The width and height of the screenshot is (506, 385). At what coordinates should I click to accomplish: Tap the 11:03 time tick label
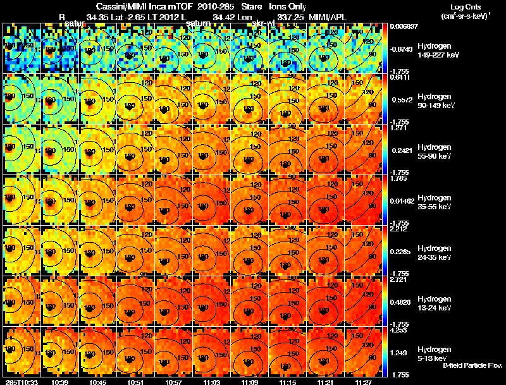click(212, 382)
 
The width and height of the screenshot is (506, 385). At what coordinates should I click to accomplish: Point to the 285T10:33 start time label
click(20, 382)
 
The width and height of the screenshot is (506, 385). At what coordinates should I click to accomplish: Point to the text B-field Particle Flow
click(472, 365)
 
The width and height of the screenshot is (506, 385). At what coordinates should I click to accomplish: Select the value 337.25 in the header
click(285, 16)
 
